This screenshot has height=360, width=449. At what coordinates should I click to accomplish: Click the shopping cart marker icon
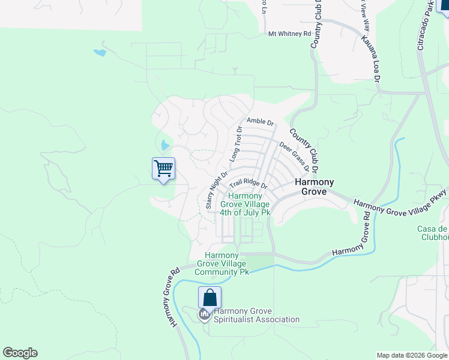click(x=163, y=169)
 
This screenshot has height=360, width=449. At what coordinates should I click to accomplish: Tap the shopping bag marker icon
click(x=209, y=298)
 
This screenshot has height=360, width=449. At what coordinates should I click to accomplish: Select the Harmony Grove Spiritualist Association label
click(x=256, y=315)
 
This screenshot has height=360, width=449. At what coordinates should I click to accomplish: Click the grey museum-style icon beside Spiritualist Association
click(x=204, y=314)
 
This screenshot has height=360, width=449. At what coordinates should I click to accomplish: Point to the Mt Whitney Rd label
click(x=289, y=34)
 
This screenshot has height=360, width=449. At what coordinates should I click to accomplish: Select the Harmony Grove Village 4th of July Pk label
click(x=245, y=204)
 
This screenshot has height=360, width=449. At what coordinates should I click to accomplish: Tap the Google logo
click(x=20, y=353)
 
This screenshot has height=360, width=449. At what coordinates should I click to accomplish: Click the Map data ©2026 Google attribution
click(x=411, y=355)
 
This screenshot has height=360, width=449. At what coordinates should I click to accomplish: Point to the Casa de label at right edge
click(x=433, y=229)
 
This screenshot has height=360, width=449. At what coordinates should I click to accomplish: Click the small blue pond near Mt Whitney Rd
click(x=100, y=53)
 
